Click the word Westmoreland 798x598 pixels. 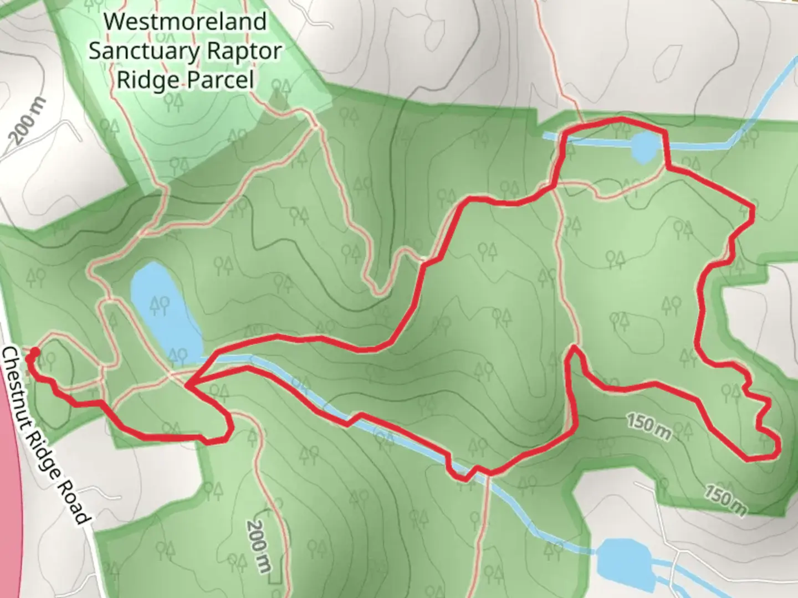[x=185, y=22]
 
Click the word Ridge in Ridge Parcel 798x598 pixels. [x=146, y=80]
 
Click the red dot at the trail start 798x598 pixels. [x=33, y=352]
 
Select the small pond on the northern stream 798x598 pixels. [x=643, y=147]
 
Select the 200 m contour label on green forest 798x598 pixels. [x=259, y=545]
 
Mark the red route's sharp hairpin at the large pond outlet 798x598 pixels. [x=188, y=385]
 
